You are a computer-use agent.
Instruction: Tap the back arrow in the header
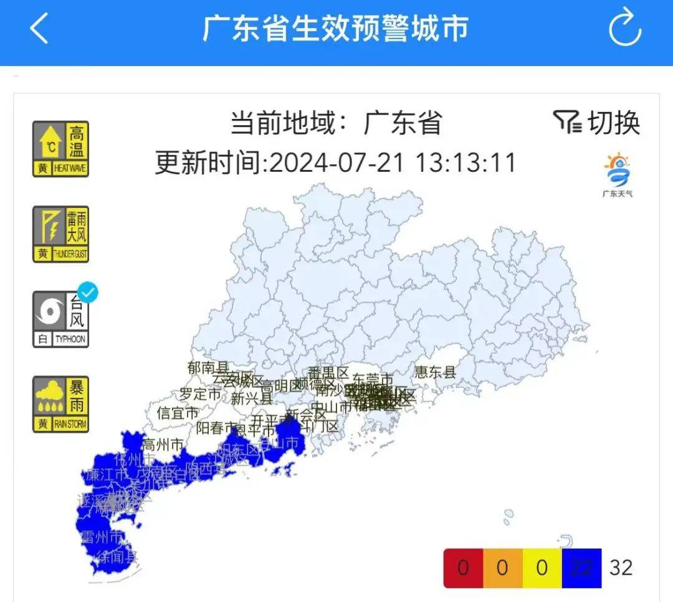coord(39,29)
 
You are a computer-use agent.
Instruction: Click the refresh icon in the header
coord(624,29)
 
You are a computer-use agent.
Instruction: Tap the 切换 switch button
coord(597,123)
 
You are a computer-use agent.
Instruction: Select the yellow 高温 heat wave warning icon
coord(60,149)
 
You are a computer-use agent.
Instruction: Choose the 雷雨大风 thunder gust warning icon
coord(60,234)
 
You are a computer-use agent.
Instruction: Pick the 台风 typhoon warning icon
coord(60,319)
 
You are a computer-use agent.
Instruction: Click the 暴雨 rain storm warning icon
coord(60,404)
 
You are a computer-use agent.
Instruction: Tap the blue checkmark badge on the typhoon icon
coord(88,292)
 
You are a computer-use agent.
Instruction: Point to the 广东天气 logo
coord(618,175)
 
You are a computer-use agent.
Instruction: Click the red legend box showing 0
coord(463,568)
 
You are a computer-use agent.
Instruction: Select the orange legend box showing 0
coord(502,568)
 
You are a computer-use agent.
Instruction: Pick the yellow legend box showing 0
coord(542,568)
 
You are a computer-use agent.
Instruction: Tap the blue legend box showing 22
coord(581,568)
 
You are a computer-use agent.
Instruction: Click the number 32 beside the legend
coord(621,568)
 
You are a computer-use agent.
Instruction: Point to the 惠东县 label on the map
coord(436,373)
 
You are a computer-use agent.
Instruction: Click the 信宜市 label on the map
coord(178,413)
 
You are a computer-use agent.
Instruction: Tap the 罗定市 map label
coord(200,394)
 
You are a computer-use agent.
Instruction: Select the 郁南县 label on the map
coord(208,368)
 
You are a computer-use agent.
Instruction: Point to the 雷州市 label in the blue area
coord(103,537)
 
